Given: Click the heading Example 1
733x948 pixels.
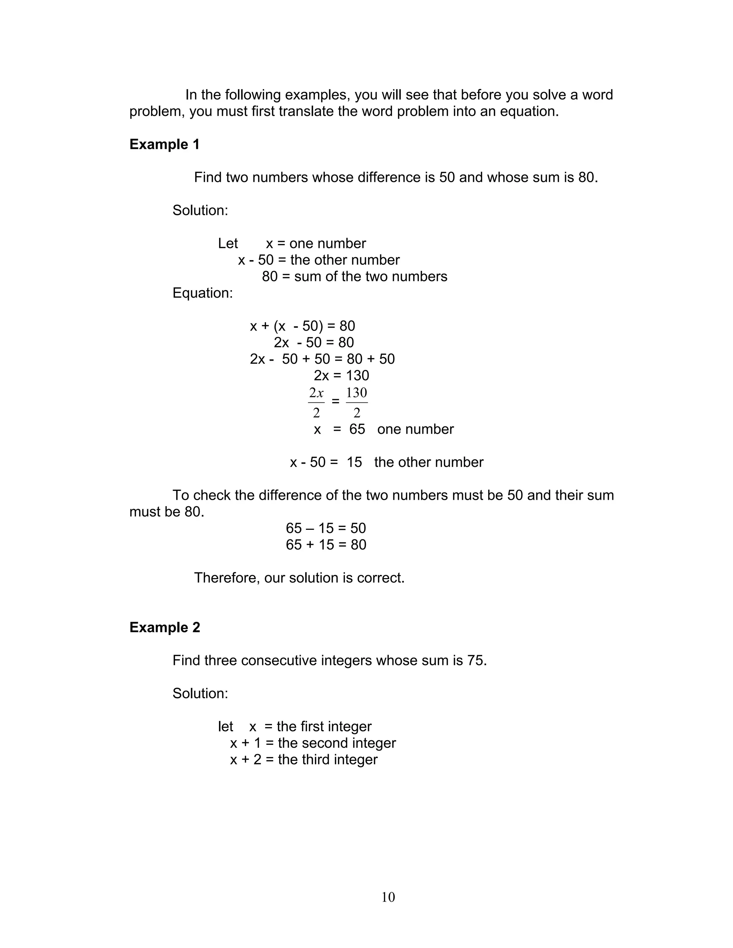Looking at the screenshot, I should tap(165, 145).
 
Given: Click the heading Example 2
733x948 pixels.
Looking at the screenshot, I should tap(165, 628).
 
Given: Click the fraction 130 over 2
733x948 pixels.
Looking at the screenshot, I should tap(356, 402).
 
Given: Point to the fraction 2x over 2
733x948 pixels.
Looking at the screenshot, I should tap(316, 402).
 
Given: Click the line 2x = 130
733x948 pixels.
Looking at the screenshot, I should tap(341, 376).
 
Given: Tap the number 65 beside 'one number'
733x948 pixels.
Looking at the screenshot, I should tap(357, 429).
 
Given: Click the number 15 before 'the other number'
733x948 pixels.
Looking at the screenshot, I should tap(354, 462).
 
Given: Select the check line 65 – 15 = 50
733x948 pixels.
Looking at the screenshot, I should tap(326, 528).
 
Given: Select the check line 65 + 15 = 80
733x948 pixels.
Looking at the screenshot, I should tap(326, 545).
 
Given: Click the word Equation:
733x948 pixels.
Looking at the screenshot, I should tap(202, 293).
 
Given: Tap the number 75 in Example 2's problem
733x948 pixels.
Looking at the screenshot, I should tap(476, 661).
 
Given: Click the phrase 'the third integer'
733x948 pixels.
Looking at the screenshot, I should tap(327, 759).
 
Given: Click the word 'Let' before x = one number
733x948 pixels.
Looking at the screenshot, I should tap(228, 244).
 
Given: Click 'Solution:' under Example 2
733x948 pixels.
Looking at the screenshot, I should tap(200, 694).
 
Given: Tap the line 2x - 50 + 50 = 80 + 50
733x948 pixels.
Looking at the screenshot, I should tap(322, 359).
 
